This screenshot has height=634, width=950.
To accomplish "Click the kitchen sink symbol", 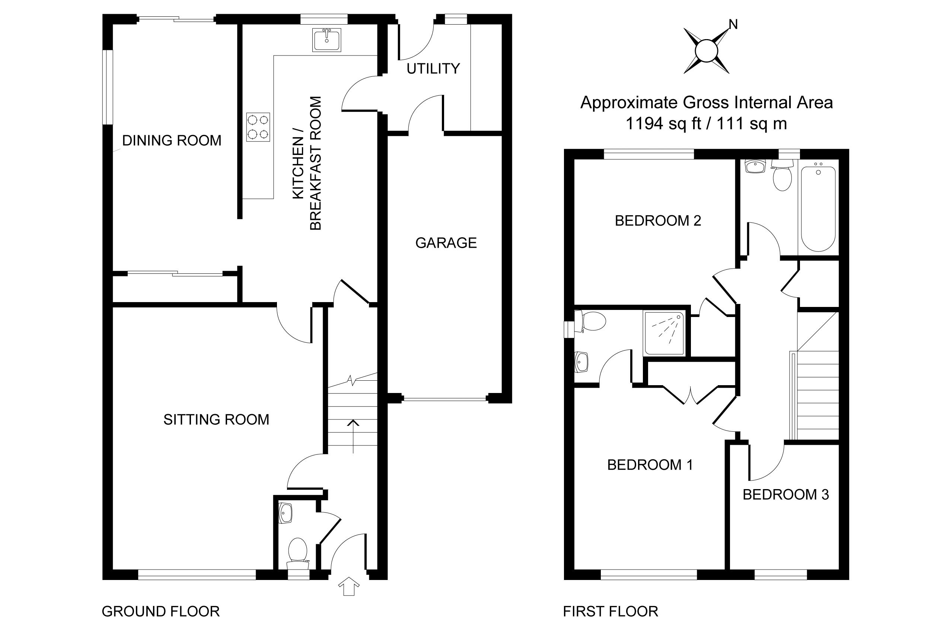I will point(326,40).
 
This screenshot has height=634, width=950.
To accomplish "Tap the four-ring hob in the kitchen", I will point(258,127).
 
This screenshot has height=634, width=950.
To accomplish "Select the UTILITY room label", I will point(433,69).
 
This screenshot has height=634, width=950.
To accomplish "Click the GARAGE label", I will point(446,243).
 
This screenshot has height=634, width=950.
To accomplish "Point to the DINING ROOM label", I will point(172,141).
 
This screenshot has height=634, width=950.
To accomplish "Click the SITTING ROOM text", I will point(216,420).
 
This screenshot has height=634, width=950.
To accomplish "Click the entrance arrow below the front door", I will point(349,586).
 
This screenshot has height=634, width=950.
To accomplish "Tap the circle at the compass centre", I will point(706,51).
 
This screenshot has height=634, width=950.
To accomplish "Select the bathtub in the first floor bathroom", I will point(818,209).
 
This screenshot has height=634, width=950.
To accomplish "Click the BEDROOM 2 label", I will point(658,221).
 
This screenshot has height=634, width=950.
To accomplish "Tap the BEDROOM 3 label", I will point(785,495).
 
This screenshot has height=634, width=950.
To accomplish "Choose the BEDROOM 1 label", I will point(650,465).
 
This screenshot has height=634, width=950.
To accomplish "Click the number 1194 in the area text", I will point(644,124).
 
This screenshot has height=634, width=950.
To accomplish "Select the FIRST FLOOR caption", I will point(611,611).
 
